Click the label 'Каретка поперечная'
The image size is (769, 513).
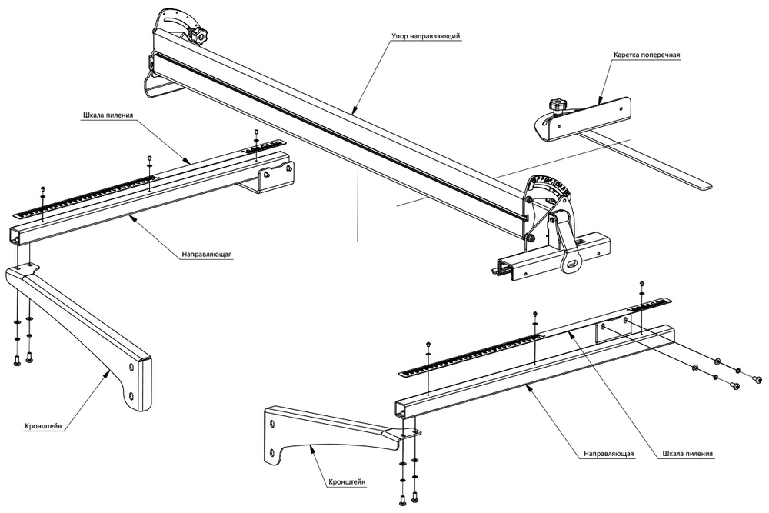[647, 56]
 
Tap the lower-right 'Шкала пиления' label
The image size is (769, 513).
[687, 454]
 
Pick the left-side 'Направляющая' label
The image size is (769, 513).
[207, 253]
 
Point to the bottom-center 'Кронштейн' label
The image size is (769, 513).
[346, 482]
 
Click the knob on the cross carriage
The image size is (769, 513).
[558, 105]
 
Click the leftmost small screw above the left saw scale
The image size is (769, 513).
[42, 188]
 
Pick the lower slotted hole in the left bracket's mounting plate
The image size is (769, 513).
[131, 396]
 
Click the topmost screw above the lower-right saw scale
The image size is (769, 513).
[641, 285]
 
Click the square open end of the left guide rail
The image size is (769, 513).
[17, 237]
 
